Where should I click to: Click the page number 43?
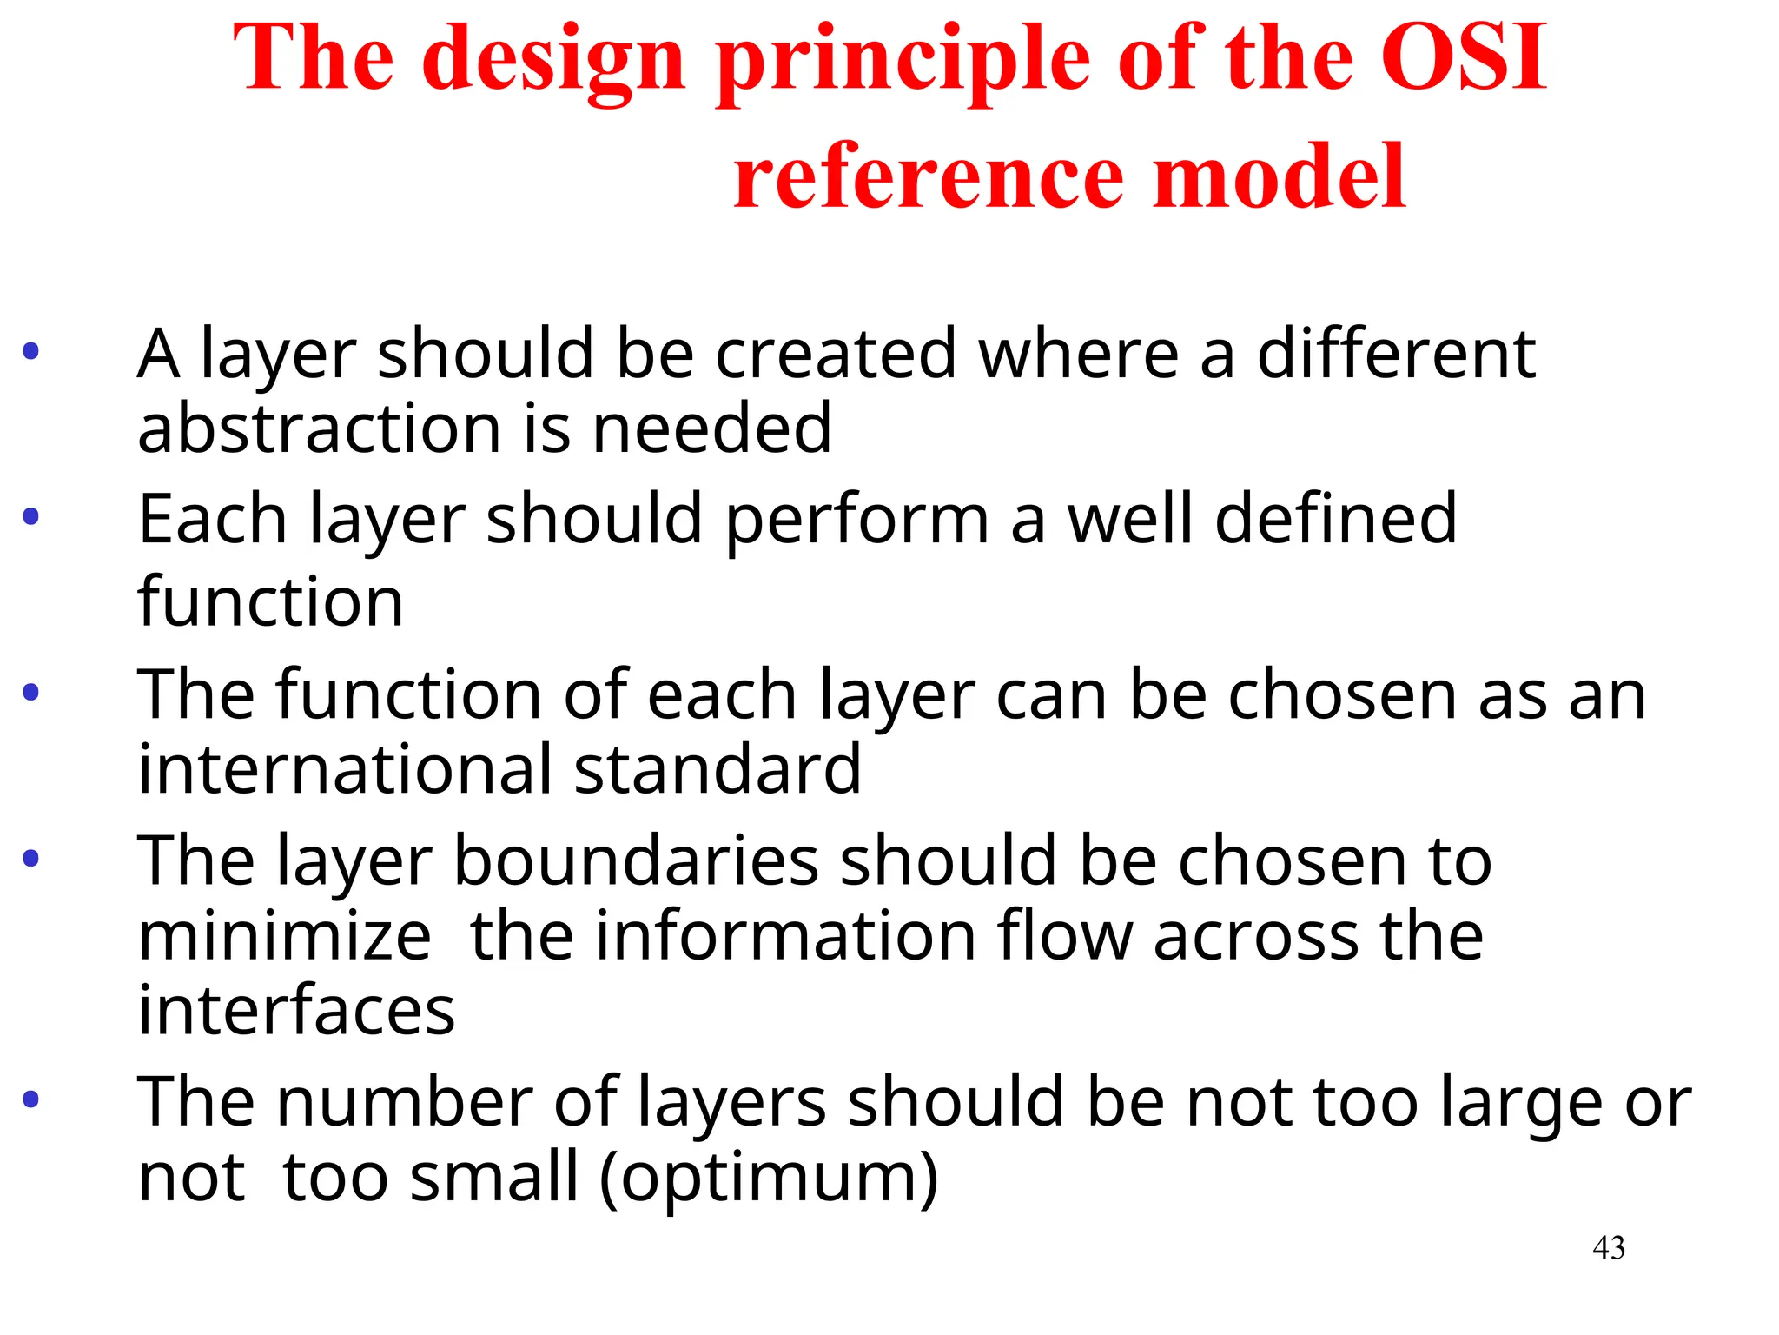[1608, 1248]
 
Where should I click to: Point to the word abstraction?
[319, 428]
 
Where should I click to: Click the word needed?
[711, 428]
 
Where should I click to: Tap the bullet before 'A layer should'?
[31, 352]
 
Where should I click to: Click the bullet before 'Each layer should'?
[31, 517]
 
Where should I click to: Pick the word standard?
[718, 769]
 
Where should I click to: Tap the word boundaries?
[636, 860]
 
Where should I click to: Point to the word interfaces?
[296, 1011]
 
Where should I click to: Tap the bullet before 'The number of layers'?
[31, 1099]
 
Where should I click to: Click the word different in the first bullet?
[1396, 354]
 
